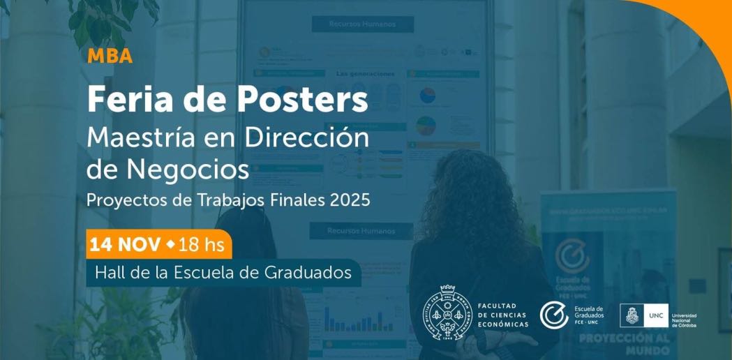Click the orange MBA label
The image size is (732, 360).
110,57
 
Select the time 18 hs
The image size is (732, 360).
202,246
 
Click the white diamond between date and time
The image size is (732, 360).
171,245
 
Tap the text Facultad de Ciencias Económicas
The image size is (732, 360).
502,315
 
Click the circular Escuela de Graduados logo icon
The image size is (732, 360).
554,315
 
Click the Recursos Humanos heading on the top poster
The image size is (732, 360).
362,24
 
